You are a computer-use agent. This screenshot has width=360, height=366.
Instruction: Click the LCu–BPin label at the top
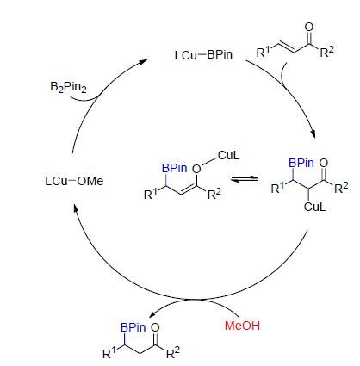tap(203, 54)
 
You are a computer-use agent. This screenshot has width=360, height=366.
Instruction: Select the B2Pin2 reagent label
tap(68, 87)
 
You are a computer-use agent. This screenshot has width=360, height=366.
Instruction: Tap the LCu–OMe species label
tap(74, 181)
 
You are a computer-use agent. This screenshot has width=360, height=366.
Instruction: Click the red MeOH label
tap(242, 326)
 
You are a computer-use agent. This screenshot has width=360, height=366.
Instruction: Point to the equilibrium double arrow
tap(245, 179)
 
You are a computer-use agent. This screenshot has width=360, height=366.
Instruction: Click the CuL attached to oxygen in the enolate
tap(228, 155)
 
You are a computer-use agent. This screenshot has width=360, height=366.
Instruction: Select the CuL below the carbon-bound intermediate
tap(315, 207)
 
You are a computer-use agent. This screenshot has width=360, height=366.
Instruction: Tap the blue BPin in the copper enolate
tap(175, 168)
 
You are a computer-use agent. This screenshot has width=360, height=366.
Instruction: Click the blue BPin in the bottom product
tap(133, 327)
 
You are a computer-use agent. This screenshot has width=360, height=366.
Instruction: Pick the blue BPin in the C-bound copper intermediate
tap(301, 163)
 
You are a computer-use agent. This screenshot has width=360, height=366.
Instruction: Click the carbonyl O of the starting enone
tap(309, 28)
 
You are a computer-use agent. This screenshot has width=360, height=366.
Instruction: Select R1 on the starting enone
tap(264, 52)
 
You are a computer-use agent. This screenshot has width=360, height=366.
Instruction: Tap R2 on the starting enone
tap(327, 52)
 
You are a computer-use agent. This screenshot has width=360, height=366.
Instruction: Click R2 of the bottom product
tap(173, 353)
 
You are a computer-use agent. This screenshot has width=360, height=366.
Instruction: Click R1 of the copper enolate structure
tap(151, 194)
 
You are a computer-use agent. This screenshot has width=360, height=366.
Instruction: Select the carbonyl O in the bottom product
tap(155, 327)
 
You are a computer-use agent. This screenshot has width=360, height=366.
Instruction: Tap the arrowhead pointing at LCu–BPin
tap(144, 61)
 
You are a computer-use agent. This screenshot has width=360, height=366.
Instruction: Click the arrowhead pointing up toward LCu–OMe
tap(76, 208)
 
